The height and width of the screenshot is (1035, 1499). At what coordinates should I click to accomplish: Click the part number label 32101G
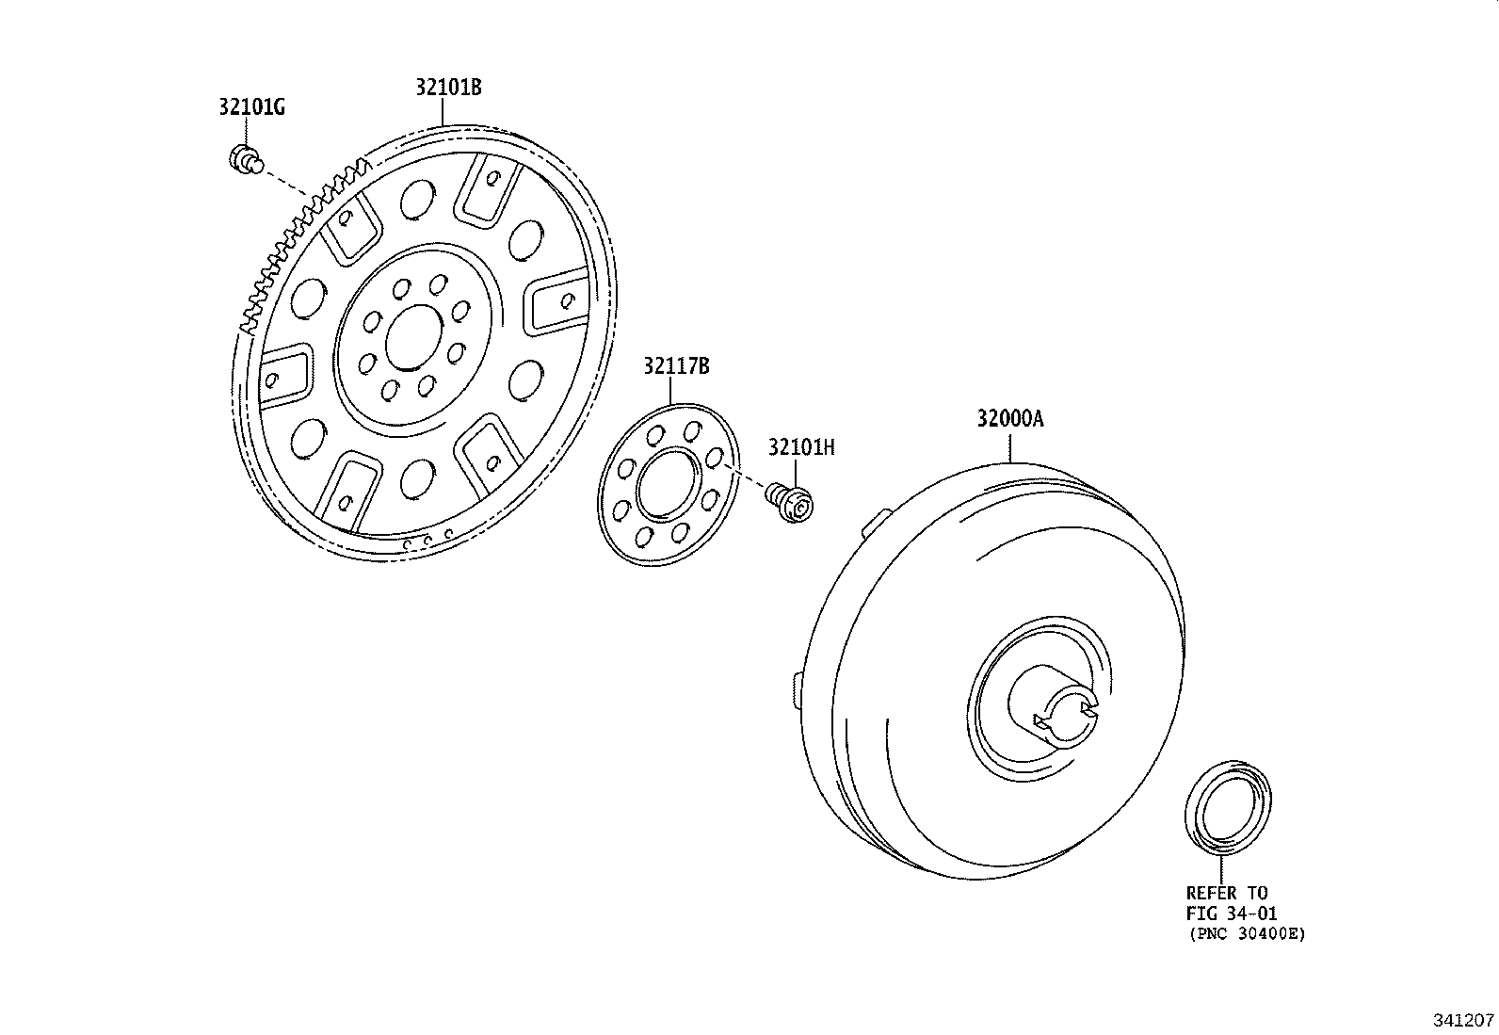click(251, 107)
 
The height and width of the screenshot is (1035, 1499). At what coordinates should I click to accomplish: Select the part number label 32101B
click(448, 87)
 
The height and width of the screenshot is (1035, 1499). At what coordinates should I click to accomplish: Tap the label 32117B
click(676, 366)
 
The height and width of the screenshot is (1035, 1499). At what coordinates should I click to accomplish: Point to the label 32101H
click(801, 447)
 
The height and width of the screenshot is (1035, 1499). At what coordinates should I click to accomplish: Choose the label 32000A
click(1009, 418)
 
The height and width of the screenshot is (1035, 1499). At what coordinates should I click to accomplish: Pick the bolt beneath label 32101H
click(790, 503)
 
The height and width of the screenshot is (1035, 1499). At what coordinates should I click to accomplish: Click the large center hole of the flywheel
click(414, 337)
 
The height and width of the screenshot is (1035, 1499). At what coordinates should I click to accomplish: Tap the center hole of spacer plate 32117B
click(668, 484)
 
